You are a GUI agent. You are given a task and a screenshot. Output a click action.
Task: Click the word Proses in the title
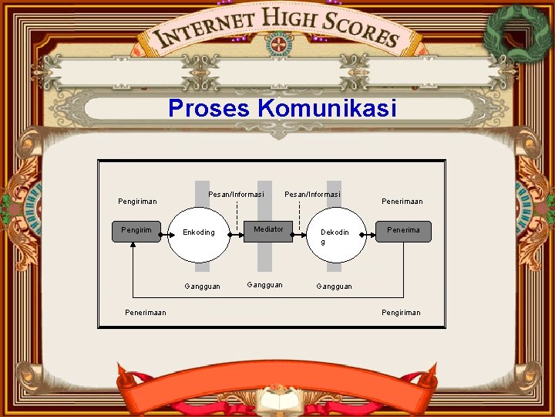(x=210, y=108)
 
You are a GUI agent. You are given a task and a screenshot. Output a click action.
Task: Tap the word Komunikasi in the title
(x=328, y=108)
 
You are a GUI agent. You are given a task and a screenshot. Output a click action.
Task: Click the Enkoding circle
(x=199, y=232)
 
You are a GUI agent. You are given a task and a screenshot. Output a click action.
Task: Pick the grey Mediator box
(x=268, y=231)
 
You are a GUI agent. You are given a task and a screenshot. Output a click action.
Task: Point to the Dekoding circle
(x=334, y=235)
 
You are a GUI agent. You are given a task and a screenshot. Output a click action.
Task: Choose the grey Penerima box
(x=403, y=231)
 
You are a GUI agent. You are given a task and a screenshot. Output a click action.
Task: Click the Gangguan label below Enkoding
(x=202, y=286)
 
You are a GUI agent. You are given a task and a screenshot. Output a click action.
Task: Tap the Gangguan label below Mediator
(x=264, y=285)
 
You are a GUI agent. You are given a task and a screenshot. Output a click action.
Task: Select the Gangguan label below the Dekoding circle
(x=334, y=286)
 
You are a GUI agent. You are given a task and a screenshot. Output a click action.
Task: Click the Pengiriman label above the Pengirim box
(x=137, y=202)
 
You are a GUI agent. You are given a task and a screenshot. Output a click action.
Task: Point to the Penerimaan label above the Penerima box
(x=402, y=202)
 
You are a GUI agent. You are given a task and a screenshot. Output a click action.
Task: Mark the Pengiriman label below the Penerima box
(x=401, y=313)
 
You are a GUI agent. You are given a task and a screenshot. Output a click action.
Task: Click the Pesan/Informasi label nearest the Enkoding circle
(x=236, y=194)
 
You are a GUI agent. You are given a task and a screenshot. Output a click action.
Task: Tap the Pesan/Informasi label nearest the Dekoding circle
(x=312, y=194)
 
